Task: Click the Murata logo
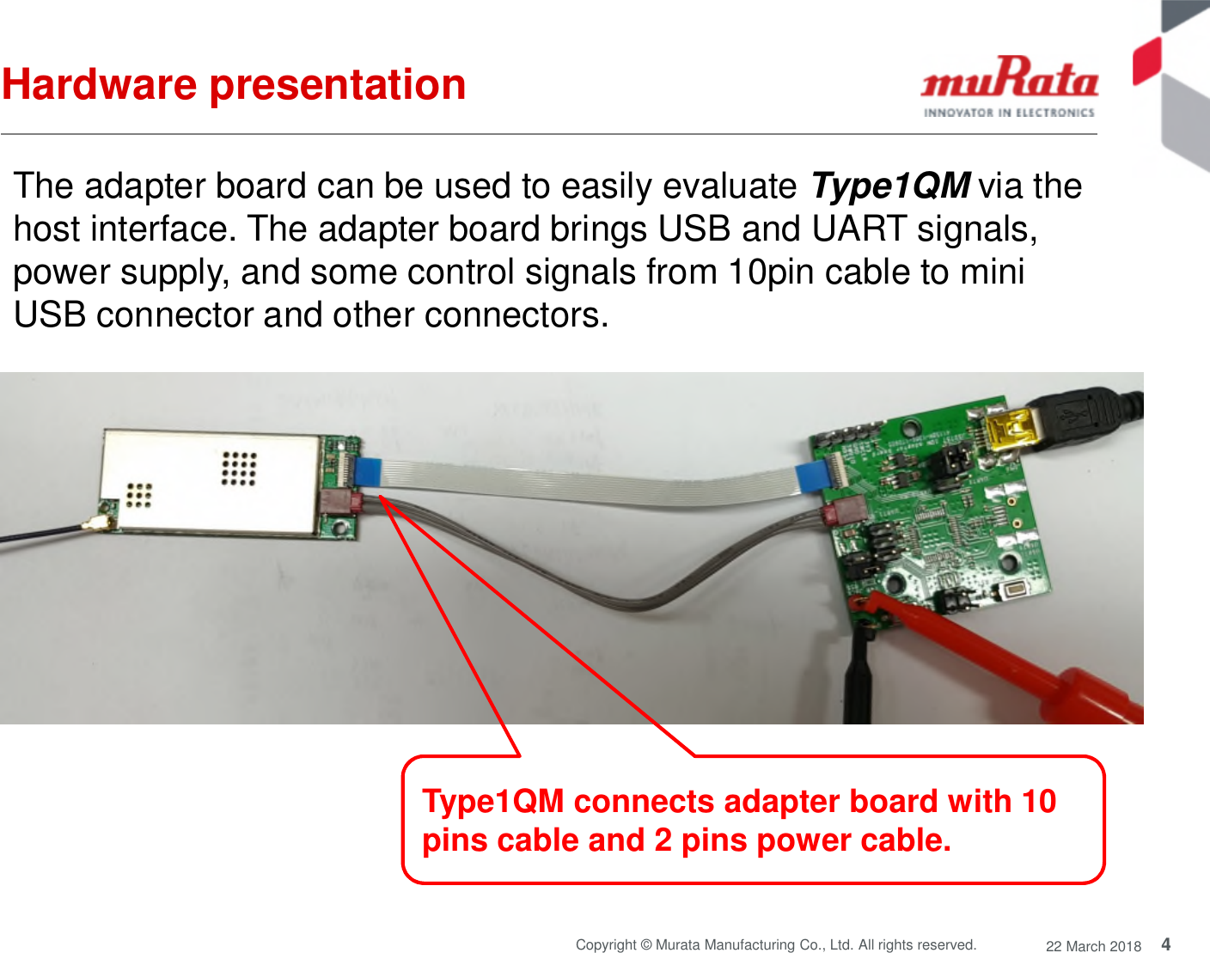tap(1009, 85)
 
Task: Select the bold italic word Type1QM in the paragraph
tap(890, 186)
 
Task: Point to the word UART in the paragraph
tap(859, 229)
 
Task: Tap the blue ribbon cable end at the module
tap(368, 472)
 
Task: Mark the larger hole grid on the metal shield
tap(239, 468)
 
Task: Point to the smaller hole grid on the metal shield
tap(138, 495)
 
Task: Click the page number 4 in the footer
tap(1166, 944)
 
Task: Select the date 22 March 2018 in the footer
tap(1093, 945)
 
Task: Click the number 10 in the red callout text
tap(1038, 801)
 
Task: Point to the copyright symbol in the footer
tap(646, 944)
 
